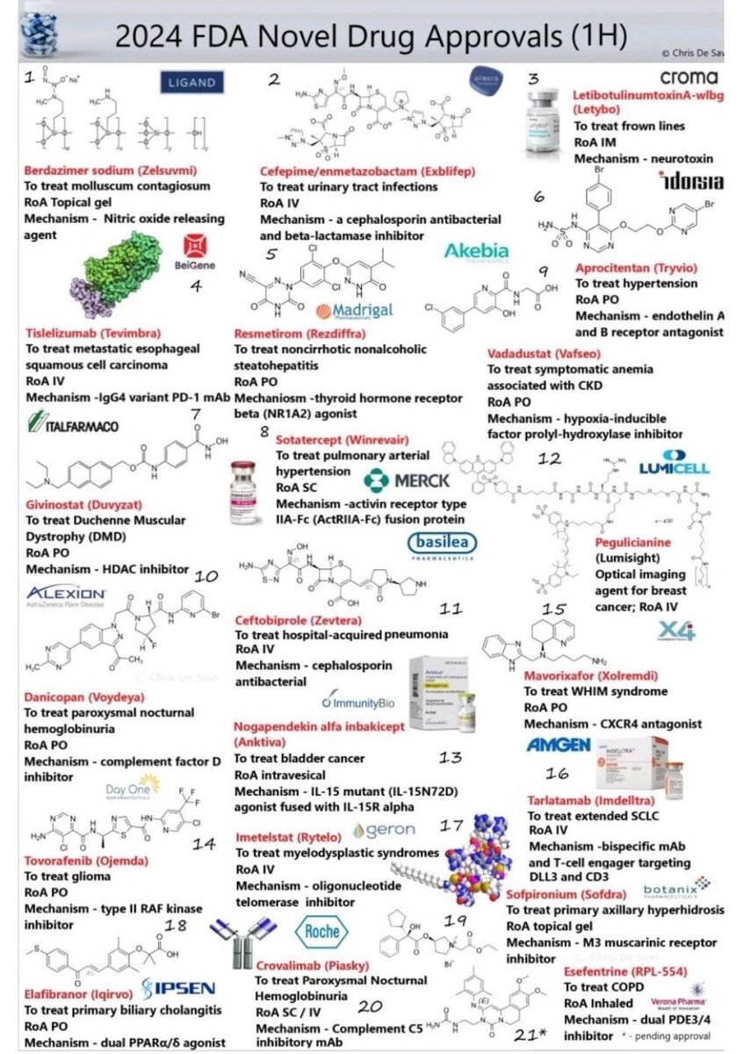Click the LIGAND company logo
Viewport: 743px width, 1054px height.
[x=191, y=83]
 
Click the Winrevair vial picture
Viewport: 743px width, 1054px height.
[x=247, y=483]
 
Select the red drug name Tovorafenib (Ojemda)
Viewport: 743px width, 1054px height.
[x=83, y=860]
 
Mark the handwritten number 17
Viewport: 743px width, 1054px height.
[x=451, y=825]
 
